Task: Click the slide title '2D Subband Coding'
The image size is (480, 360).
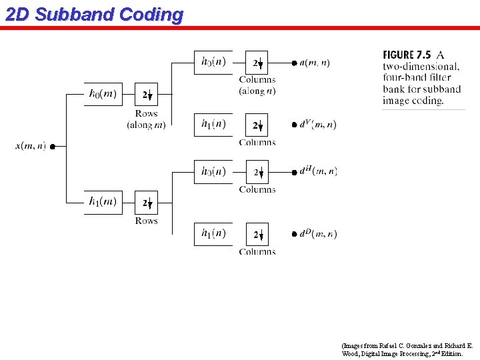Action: click(94, 15)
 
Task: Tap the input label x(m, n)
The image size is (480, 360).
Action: click(31, 146)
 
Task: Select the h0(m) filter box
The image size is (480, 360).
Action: click(103, 95)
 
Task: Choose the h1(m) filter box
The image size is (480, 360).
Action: click(103, 202)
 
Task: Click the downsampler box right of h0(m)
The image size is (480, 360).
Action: click(147, 95)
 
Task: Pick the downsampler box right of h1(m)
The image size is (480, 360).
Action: click(147, 202)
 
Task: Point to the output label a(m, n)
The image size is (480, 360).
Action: click(315, 63)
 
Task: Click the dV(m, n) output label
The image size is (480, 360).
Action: click(318, 124)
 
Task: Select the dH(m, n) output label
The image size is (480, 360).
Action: click(318, 171)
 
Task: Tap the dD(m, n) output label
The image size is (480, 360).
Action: click(318, 233)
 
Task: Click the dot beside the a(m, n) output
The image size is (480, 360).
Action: click(294, 63)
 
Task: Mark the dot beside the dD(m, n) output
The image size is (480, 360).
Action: click(294, 234)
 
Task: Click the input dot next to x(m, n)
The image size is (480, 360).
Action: click(52, 147)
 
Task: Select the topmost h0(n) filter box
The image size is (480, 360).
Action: click(213, 63)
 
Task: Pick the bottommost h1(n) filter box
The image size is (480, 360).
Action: click(213, 233)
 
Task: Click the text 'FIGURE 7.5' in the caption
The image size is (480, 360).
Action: click(407, 55)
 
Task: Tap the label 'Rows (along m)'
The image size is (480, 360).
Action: click(147, 119)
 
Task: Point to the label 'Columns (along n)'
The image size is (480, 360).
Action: click(257, 85)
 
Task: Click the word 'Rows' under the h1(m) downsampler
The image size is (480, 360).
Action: click(147, 221)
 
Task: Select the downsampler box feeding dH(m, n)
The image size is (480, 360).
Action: click(257, 172)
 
